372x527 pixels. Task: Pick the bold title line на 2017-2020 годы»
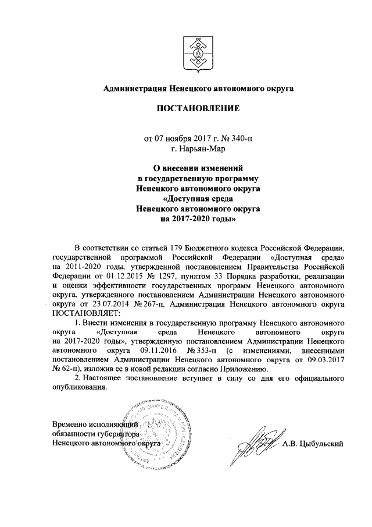(x=195, y=220)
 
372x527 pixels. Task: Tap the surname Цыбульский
(x=314, y=443)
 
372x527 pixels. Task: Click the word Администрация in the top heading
(x=135, y=89)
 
